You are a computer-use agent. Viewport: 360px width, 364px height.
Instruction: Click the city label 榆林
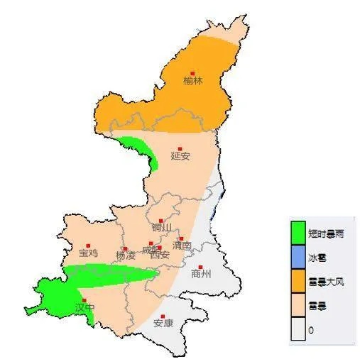tap(192, 81)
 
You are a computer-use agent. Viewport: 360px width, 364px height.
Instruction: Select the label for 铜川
tap(162, 228)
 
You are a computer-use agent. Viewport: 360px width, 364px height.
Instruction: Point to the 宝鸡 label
tap(89, 253)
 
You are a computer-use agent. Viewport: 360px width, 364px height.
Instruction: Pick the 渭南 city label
tap(182, 246)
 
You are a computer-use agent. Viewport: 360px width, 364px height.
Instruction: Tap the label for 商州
tap(202, 274)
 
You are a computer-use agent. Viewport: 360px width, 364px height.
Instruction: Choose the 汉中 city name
tap(84, 308)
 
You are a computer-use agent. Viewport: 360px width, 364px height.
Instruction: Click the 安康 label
tap(164, 323)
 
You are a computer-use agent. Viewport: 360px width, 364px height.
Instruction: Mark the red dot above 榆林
tap(192, 72)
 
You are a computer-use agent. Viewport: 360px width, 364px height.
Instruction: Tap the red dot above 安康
tap(164, 316)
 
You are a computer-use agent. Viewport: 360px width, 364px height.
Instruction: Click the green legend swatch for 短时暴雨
tap(298, 232)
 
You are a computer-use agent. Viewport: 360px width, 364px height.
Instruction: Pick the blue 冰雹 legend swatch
tap(298, 257)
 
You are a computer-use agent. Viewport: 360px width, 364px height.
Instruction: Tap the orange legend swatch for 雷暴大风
tap(298, 282)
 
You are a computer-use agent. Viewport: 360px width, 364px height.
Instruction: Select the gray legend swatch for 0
tap(298, 330)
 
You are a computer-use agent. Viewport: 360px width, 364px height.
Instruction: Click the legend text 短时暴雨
tap(326, 233)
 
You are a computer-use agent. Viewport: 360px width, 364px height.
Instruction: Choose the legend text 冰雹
tap(316, 258)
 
